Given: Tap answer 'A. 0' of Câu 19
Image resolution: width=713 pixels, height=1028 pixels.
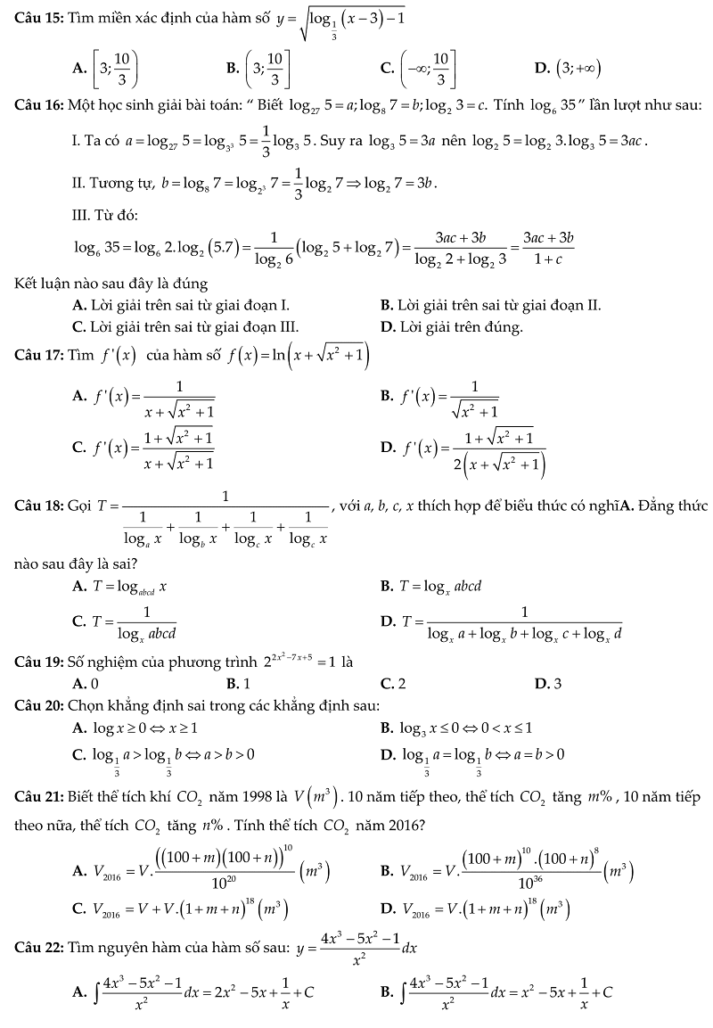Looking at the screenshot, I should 86,684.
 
